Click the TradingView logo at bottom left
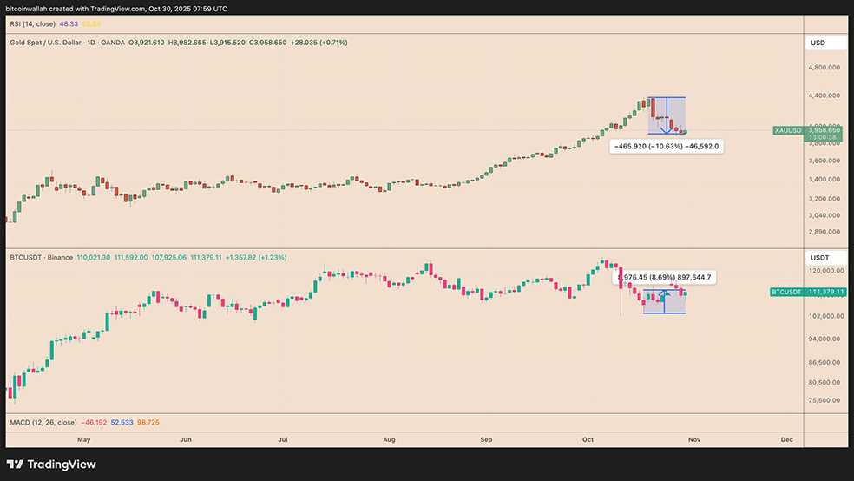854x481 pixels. pyautogui.click(x=52, y=465)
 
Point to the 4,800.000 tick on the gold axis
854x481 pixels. pyautogui.click(x=822, y=67)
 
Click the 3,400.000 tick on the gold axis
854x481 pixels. pyautogui.click(x=822, y=179)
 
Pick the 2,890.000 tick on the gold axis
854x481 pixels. pyautogui.click(x=822, y=232)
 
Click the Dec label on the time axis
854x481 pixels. pyautogui.click(x=787, y=440)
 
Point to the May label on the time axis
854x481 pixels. pyautogui.click(x=83, y=440)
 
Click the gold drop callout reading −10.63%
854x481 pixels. pyautogui.click(x=667, y=147)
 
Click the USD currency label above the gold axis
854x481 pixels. pyautogui.click(x=818, y=43)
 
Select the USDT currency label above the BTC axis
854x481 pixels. pyautogui.click(x=819, y=258)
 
